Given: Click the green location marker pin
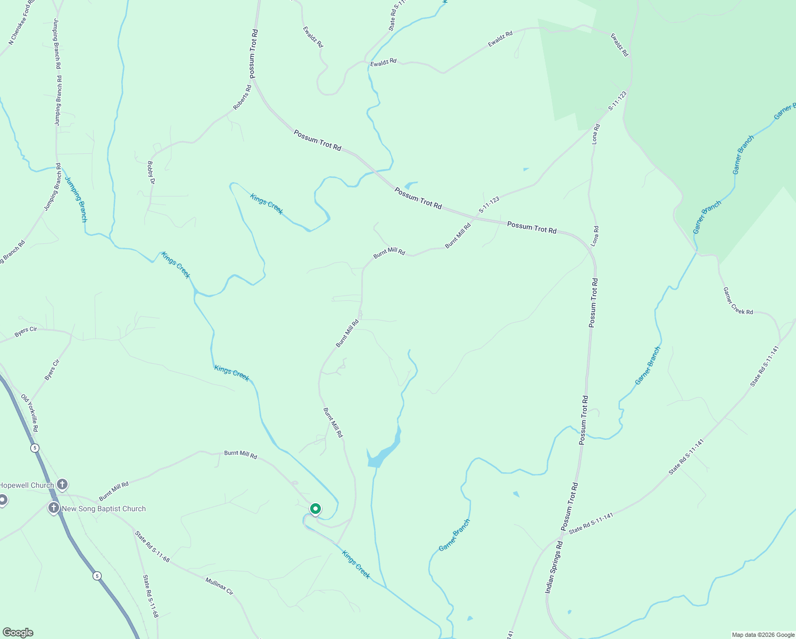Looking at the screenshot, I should click(x=315, y=509).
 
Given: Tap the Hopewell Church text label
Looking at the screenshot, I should click(x=27, y=485).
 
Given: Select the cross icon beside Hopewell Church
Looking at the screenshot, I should click(x=62, y=485).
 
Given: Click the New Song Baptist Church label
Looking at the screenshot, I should click(x=104, y=509).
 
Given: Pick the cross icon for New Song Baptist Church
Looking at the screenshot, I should click(x=54, y=508).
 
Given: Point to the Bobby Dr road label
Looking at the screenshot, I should click(x=151, y=173).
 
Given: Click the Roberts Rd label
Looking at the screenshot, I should click(x=242, y=98).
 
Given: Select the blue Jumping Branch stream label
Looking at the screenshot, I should click(x=76, y=198).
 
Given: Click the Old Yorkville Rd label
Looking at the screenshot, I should click(x=30, y=413).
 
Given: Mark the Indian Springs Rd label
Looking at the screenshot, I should click(x=554, y=568).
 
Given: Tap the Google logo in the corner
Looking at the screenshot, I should click(x=18, y=633).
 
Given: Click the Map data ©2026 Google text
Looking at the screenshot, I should click(x=762, y=635).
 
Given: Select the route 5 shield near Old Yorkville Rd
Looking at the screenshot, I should click(x=35, y=448).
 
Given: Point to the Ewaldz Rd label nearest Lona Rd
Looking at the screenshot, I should click(x=619, y=45).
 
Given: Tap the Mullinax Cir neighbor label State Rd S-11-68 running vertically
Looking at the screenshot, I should click(x=151, y=596).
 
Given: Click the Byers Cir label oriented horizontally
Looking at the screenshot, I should click(x=26, y=332).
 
